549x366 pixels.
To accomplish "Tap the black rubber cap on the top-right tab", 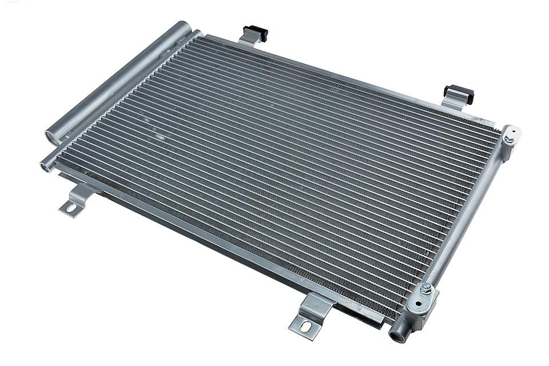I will [460, 93].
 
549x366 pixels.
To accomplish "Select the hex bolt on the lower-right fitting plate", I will [425, 288].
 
